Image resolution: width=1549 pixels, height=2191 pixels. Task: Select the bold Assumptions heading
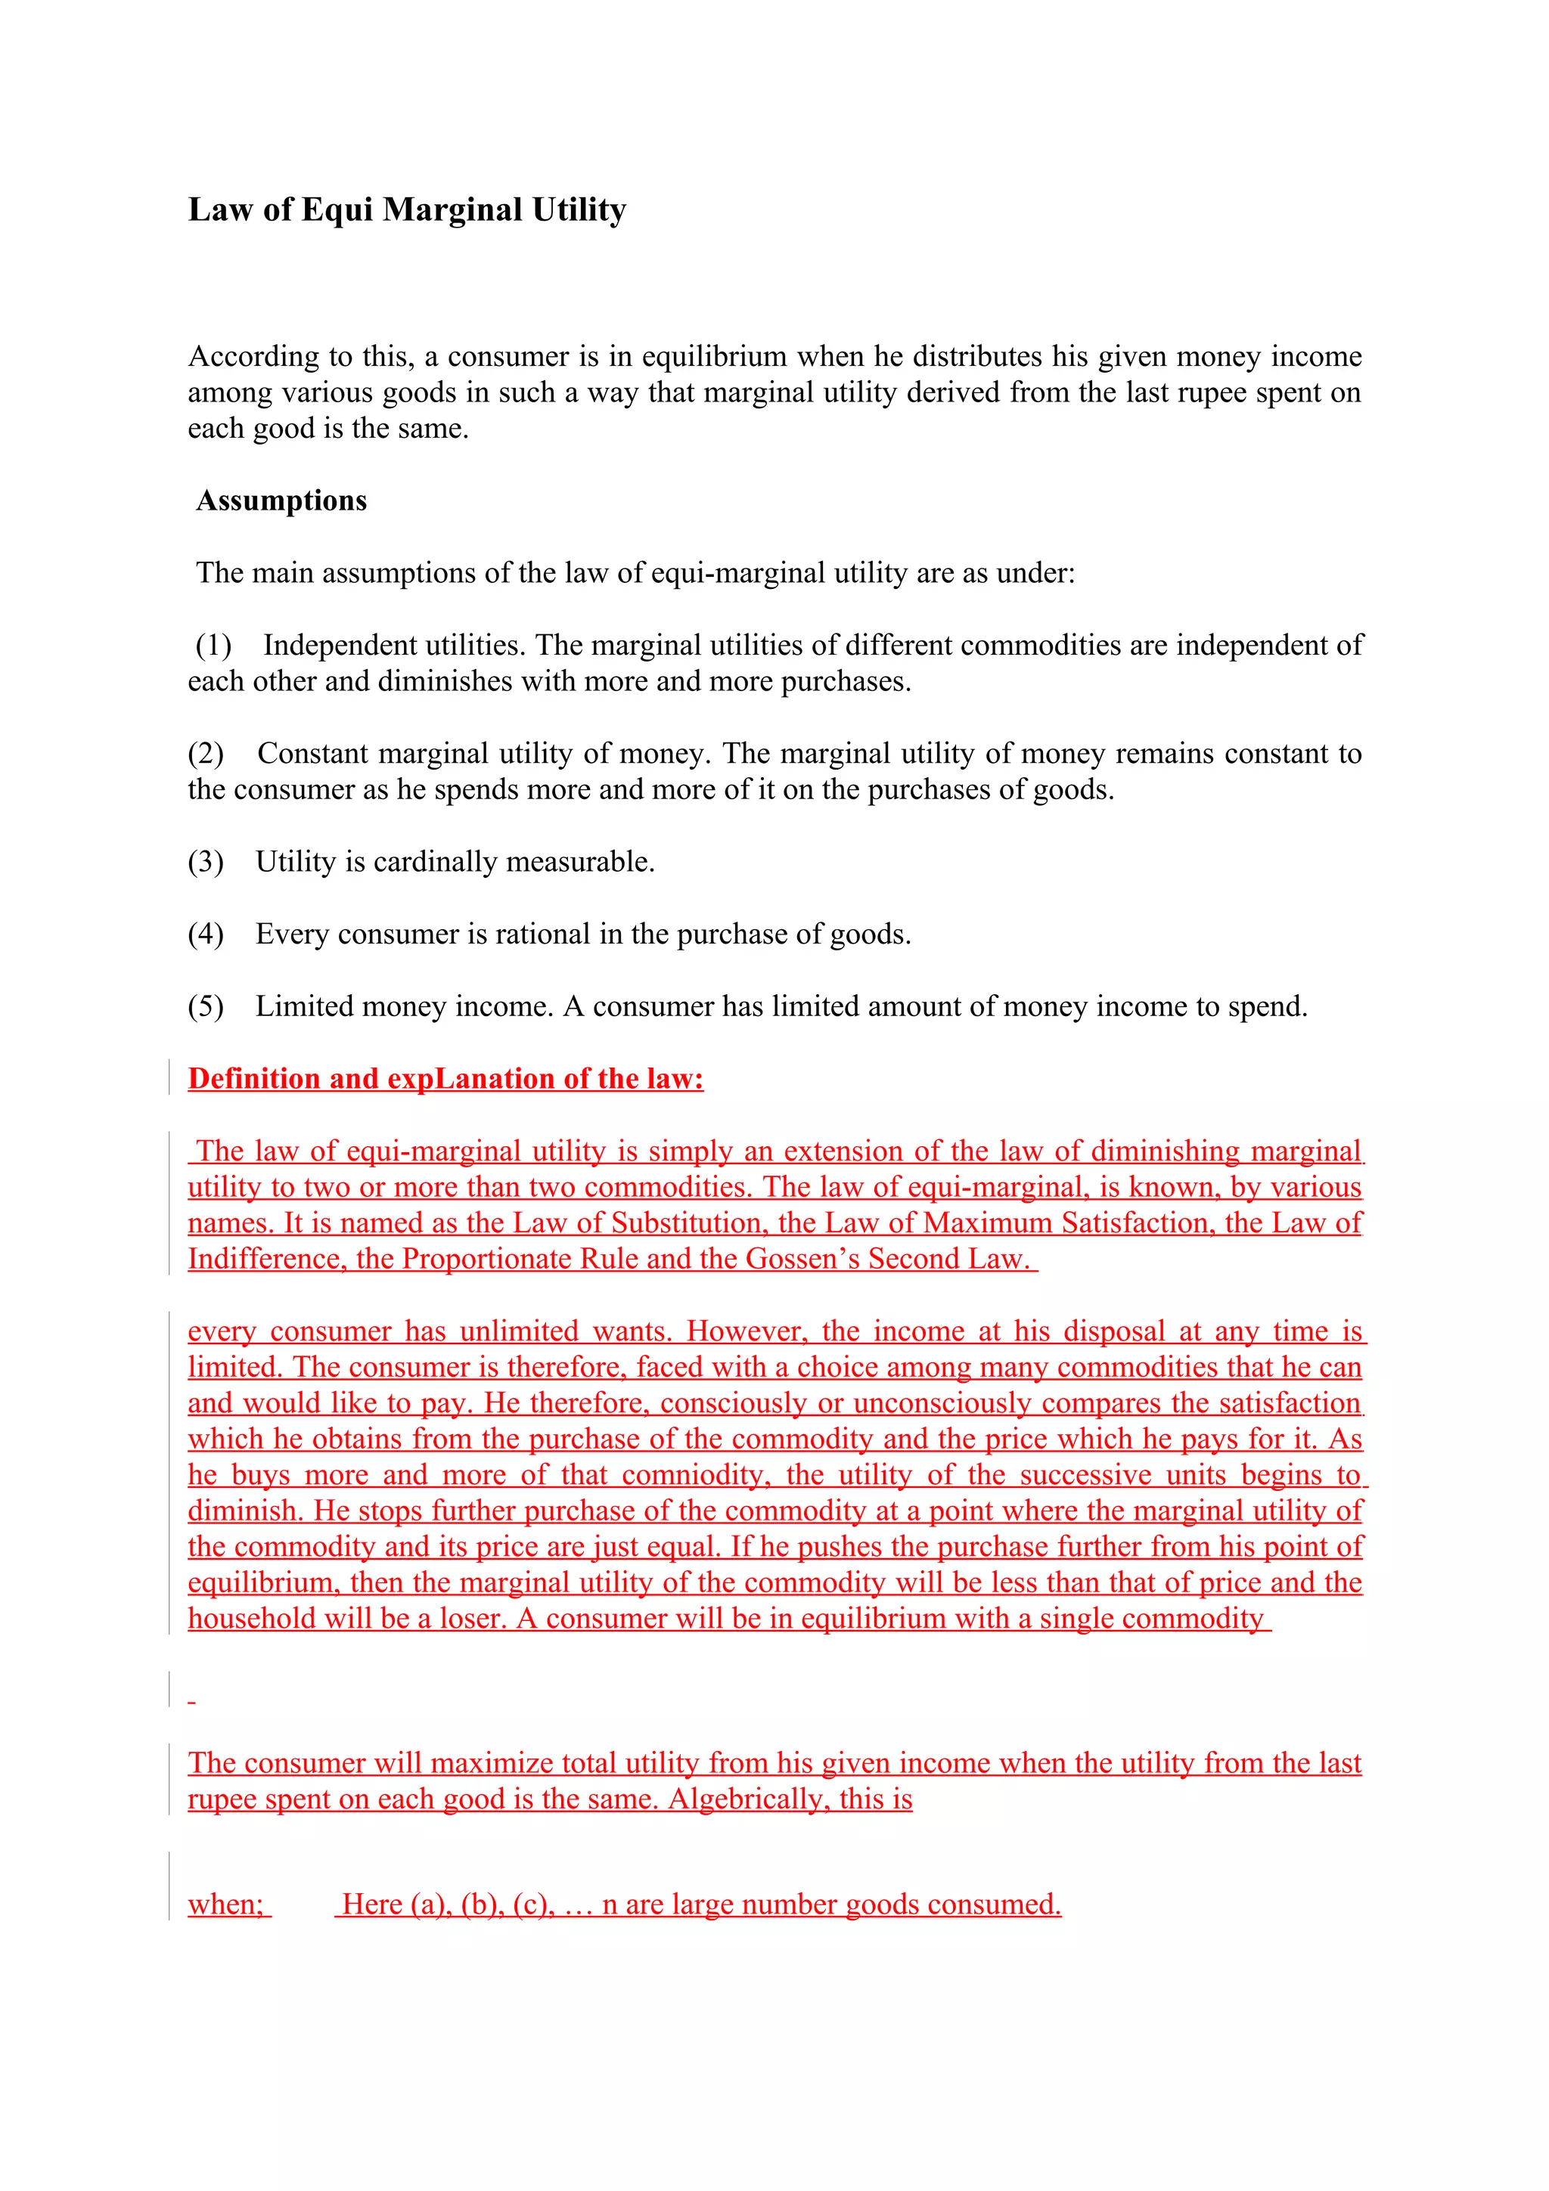(x=281, y=501)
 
